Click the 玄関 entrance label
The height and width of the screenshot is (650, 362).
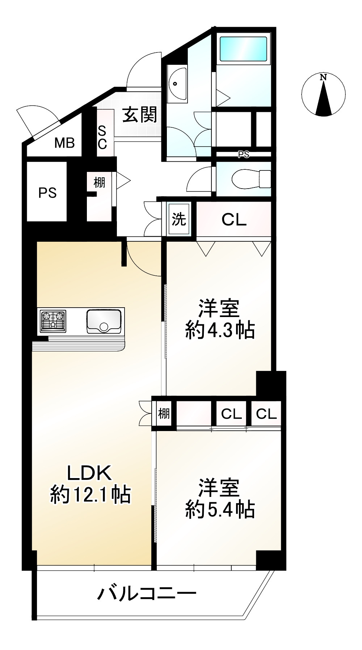tap(140, 115)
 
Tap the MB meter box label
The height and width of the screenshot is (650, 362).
tap(64, 143)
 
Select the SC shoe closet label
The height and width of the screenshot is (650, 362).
tap(102, 138)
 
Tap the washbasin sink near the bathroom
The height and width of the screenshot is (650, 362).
tap(177, 84)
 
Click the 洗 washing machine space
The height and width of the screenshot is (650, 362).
tap(179, 219)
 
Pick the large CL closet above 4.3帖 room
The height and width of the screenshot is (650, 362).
tap(234, 219)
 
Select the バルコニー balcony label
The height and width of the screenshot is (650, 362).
tap(147, 594)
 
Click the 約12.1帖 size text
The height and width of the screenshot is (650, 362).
tap(90, 494)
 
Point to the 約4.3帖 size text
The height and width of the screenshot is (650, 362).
tap(220, 330)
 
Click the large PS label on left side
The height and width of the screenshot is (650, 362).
tap(47, 193)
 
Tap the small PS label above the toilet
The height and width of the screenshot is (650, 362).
tap(244, 155)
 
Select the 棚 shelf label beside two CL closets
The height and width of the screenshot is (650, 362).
tap(164, 413)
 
